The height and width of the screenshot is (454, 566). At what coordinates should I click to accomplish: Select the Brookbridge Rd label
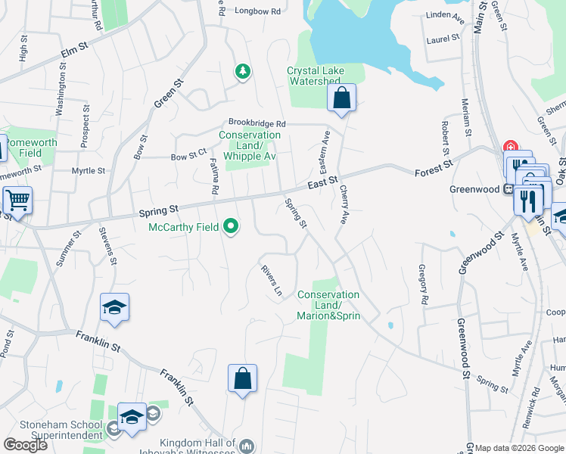pyautogui.click(x=257, y=123)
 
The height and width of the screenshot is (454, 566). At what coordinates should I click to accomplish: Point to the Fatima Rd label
pyautogui.click(x=214, y=179)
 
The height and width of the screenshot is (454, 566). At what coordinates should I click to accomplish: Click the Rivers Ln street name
pyautogui.click(x=271, y=280)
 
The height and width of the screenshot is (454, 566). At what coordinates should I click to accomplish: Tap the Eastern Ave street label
pyautogui.click(x=326, y=148)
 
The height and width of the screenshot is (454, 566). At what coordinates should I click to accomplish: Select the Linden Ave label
pyautogui.click(x=443, y=15)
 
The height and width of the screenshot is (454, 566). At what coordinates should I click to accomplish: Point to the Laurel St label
pyautogui.click(x=443, y=39)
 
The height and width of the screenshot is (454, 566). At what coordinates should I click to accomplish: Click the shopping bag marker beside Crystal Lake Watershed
pyautogui.click(x=342, y=98)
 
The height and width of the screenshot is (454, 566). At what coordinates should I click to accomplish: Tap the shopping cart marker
pyautogui.click(x=17, y=201)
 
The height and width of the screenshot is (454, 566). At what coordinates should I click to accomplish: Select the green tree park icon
pyautogui.click(x=243, y=73)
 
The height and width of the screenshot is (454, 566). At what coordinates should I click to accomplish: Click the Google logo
pyautogui.click(x=24, y=445)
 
